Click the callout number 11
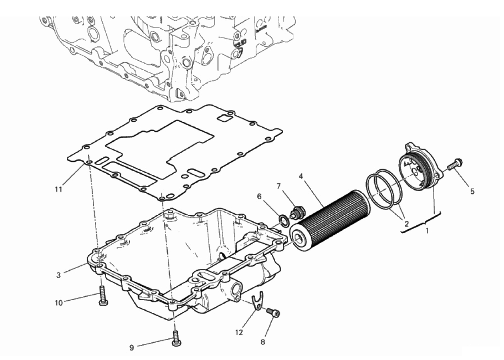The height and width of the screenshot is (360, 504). point(58,189)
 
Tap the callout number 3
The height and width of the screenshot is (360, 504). point(58,275)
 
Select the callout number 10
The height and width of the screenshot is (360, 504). point(59,303)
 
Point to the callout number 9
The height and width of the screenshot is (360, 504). point(131,347)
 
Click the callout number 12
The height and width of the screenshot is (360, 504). point(239,333)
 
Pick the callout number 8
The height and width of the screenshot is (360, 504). point(263,342)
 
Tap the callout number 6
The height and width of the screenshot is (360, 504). point(260,196)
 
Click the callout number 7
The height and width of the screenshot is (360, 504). point(279,186)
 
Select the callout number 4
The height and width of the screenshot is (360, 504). point(301,176)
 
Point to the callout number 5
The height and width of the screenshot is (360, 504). point(472,191)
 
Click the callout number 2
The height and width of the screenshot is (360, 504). point(406,224)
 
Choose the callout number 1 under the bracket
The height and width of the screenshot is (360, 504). point(427,230)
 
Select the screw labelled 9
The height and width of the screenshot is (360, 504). point(176,338)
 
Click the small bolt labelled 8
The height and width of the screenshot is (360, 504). point(273,313)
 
